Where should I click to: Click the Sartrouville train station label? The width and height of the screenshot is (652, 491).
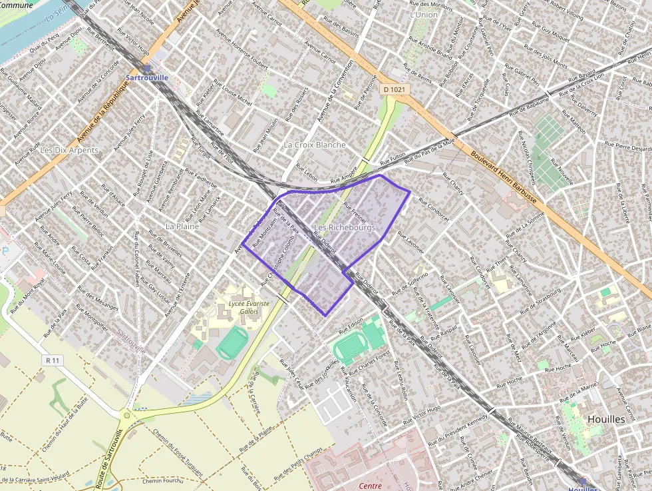[x=147, y=77]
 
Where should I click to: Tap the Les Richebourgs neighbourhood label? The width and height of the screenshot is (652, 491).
[x=345, y=228]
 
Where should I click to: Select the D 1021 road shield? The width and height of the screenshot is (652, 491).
[x=394, y=89]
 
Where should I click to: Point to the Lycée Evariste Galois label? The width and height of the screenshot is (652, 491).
[x=249, y=307]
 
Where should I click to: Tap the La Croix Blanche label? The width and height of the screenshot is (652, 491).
[x=315, y=145]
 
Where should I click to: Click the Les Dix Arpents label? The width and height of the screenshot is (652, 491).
[x=69, y=151]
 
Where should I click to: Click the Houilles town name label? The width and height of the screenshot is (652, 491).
[x=607, y=419]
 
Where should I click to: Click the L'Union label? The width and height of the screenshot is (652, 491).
[x=424, y=14]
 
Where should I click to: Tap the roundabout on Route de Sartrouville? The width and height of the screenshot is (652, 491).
[x=126, y=417]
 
